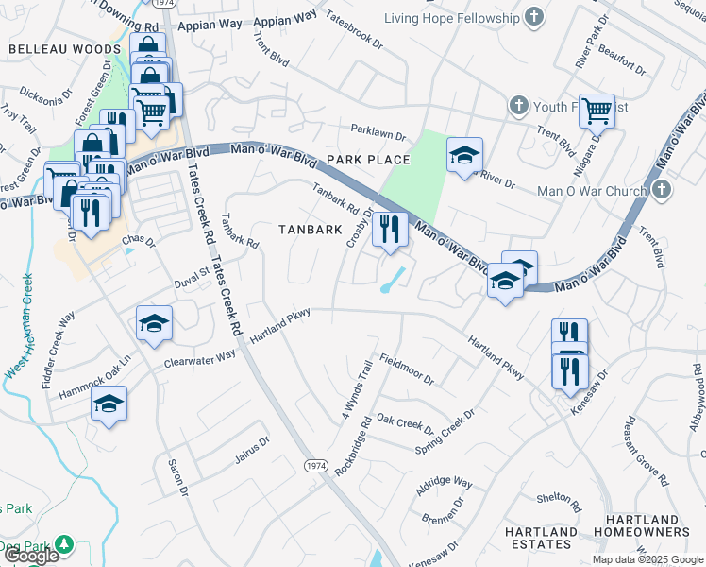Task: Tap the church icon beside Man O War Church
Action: (661, 190)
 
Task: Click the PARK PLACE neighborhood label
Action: (368, 160)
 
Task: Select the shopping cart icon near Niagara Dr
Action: (597, 111)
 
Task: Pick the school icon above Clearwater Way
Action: (154, 323)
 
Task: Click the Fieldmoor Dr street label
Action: (406, 369)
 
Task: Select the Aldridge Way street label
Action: (444, 482)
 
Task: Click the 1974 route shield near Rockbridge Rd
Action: (315, 466)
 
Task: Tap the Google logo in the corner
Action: (31, 556)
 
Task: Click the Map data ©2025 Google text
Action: (647, 559)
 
